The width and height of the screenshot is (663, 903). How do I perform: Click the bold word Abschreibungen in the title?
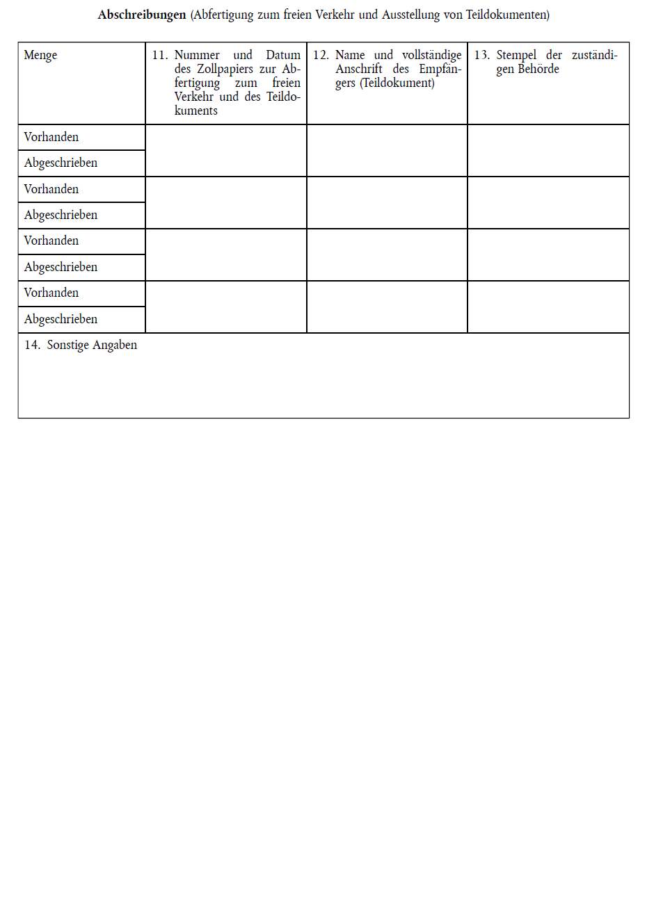click(142, 15)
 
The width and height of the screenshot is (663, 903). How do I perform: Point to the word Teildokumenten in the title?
click(507, 15)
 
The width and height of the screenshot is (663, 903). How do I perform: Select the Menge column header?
click(40, 55)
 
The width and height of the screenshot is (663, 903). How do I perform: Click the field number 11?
click(159, 55)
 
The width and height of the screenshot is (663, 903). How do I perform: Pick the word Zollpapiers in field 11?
click(225, 69)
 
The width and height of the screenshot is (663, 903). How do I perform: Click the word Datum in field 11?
click(283, 55)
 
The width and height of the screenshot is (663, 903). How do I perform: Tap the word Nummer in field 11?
click(197, 55)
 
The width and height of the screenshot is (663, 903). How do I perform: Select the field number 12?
click(321, 55)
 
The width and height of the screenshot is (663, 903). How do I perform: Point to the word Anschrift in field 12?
click(359, 69)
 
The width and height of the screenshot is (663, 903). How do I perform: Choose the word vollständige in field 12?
click(431, 55)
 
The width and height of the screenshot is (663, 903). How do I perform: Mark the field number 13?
click(481, 55)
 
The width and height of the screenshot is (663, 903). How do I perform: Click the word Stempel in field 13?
click(516, 55)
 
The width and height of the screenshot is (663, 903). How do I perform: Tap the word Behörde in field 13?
click(538, 69)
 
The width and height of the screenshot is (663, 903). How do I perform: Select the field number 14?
click(32, 345)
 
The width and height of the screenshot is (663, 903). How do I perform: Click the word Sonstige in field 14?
click(67, 345)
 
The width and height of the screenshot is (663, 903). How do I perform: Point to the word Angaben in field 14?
click(115, 345)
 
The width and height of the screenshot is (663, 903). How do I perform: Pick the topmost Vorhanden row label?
click(51, 137)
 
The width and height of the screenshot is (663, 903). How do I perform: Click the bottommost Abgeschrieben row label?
click(61, 319)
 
